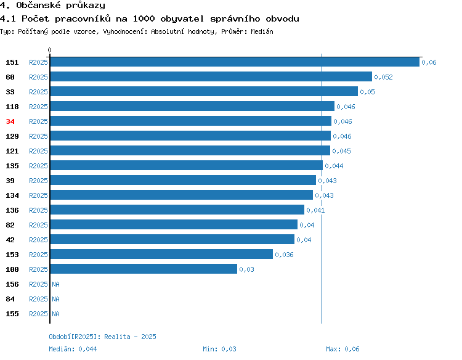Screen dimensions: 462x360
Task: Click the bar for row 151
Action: [x=235, y=62]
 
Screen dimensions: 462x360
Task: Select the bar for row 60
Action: [x=211, y=76]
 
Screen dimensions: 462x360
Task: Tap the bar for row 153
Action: [x=161, y=254]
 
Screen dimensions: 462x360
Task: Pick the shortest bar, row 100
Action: [x=144, y=269]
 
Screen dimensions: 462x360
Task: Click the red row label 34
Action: [x=10, y=121]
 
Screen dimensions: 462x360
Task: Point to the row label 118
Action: [x=12, y=107]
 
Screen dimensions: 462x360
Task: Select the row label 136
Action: [x=12, y=210]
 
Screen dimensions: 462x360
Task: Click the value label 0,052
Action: [x=383, y=77]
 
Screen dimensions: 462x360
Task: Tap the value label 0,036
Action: [x=284, y=255]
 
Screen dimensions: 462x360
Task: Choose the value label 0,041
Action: [x=315, y=210]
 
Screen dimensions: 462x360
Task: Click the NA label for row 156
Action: [x=55, y=284]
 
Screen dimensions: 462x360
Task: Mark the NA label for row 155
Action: [x=55, y=314]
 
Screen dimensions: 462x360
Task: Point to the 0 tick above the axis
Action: [x=49, y=50]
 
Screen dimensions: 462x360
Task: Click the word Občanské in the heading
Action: [x=38, y=6]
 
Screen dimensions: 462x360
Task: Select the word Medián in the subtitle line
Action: [x=262, y=31]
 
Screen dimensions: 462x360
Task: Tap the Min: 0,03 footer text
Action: [x=219, y=349]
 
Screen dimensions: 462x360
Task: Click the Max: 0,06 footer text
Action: [x=342, y=349]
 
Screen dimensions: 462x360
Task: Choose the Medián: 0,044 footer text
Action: [x=73, y=349]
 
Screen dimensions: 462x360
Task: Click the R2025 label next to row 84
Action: [x=38, y=299]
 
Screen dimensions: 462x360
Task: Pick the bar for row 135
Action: [x=187, y=165]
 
